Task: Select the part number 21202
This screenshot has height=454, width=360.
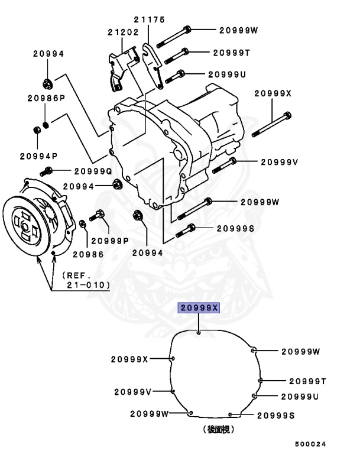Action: tap(122, 32)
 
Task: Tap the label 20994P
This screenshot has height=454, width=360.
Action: tap(38, 157)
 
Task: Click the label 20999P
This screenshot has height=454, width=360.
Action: tap(109, 241)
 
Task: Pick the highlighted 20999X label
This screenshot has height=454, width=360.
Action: tap(199, 308)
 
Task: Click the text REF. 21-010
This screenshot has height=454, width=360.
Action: tap(86, 280)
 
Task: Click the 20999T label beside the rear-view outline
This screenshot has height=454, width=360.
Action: tap(307, 381)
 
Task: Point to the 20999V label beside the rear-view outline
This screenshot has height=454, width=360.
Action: tap(133, 392)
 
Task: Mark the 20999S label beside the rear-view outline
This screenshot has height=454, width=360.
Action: tap(275, 416)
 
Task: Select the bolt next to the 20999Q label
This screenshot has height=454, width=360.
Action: tap(47, 171)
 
